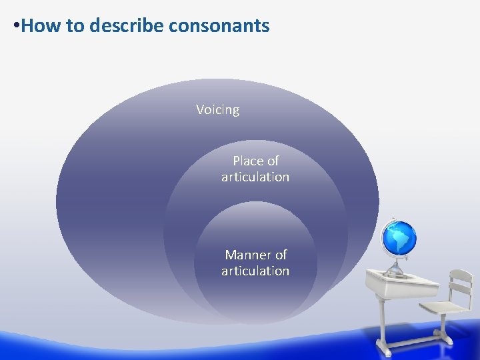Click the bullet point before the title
[17, 27]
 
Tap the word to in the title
[75, 26]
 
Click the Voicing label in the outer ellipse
[217, 109]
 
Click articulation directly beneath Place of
[255, 177]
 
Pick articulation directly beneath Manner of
[255, 271]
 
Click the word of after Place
[273, 161]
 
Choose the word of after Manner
[281, 255]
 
